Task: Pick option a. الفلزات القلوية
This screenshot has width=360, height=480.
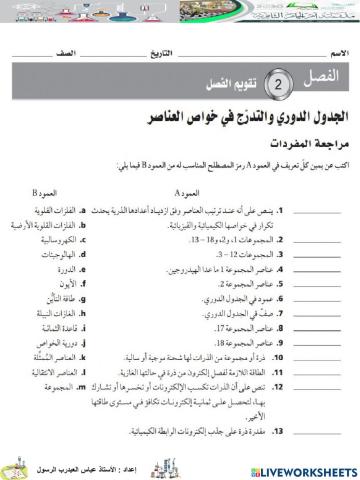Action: pyautogui.click(x=58, y=211)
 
